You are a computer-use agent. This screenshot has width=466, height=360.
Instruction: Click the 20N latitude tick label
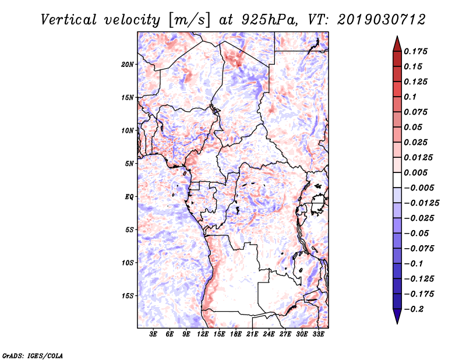[128, 65]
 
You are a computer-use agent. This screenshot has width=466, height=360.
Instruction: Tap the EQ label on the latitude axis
[129, 197]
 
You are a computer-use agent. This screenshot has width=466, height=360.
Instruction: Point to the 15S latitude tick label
[128, 296]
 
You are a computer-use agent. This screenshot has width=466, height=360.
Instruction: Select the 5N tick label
[129, 164]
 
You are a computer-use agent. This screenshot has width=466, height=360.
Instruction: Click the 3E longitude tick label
[153, 334]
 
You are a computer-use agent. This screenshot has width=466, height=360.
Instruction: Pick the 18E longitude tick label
[236, 334]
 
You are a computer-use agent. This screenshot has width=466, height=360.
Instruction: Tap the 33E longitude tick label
[318, 334]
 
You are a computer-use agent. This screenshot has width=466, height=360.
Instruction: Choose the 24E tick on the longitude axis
[269, 334]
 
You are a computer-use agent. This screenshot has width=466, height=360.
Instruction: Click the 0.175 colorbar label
[415, 51]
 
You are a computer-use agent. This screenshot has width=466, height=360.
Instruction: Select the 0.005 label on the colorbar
[415, 172]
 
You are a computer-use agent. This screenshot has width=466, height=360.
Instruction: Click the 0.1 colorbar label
[410, 97]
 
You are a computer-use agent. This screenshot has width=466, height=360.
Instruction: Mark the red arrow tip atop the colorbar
[397, 36]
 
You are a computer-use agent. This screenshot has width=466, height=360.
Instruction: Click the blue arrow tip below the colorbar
[397, 323]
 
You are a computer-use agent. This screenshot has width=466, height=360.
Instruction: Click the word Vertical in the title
[69, 20]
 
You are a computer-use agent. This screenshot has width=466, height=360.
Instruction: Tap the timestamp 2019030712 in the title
[382, 20]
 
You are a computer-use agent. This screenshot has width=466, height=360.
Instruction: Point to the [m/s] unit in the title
[189, 20]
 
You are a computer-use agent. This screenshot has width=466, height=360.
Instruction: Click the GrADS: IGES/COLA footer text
[33, 355]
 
